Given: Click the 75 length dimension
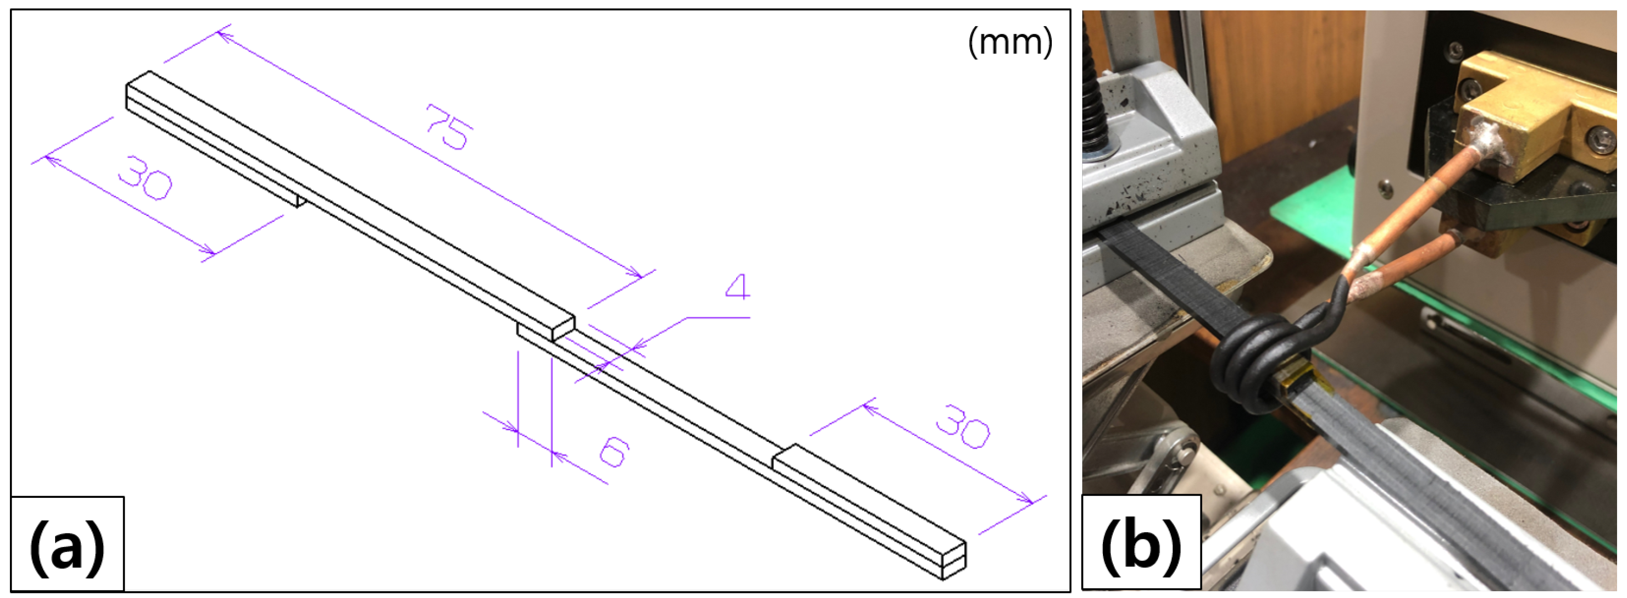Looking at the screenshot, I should click(448, 128).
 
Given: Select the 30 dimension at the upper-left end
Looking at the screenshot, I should click(145, 178).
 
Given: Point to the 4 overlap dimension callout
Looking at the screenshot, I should click(737, 287).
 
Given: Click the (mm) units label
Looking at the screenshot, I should click(1010, 42).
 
